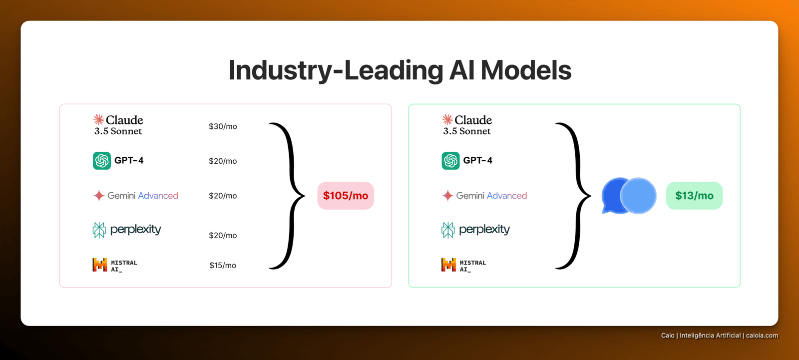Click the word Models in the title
coord(526,70)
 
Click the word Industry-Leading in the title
coord(336,71)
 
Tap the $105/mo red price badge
coord(346,196)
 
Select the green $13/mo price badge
coord(695,196)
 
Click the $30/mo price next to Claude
coord(223,126)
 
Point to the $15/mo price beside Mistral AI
coord(223,265)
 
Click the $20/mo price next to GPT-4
coord(223,161)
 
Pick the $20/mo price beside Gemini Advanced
coord(223,196)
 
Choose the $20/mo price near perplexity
coord(223,235)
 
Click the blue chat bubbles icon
coord(629,196)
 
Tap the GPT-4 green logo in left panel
coord(102,161)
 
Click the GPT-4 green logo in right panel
coord(450,161)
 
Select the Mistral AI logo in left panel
coord(100,265)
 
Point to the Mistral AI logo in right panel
coord(449,265)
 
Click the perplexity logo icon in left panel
coord(99,230)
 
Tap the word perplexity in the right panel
coord(484,229)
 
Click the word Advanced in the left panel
coord(158,196)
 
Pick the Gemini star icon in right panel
coord(447,196)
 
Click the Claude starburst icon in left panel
coord(99,119)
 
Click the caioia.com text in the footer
coord(762,336)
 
